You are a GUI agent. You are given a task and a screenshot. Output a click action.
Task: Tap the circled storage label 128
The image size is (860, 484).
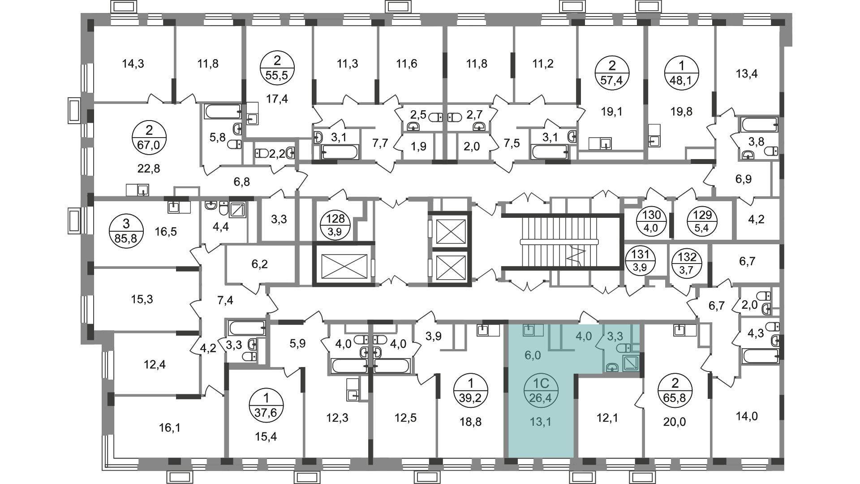click(335, 225)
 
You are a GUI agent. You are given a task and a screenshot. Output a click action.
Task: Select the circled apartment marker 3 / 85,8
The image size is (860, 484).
click(126, 230)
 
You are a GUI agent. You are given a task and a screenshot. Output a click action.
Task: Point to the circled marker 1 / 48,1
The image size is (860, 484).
click(681, 73)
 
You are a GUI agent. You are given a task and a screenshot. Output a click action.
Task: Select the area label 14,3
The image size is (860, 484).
click(133, 64)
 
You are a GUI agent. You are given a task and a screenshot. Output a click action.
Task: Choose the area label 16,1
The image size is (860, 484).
click(169, 428)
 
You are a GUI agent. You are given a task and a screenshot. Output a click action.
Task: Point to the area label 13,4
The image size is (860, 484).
click(747, 73)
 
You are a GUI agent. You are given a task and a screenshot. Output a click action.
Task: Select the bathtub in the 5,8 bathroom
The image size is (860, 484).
click(223, 112)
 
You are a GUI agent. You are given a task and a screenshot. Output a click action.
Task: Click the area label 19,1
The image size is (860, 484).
click(612, 112)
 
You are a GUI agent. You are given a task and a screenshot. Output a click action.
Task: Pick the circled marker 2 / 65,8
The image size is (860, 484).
click(675, 390)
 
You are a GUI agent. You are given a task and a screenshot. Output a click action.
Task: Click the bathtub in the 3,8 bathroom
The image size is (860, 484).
click(759, 124)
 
